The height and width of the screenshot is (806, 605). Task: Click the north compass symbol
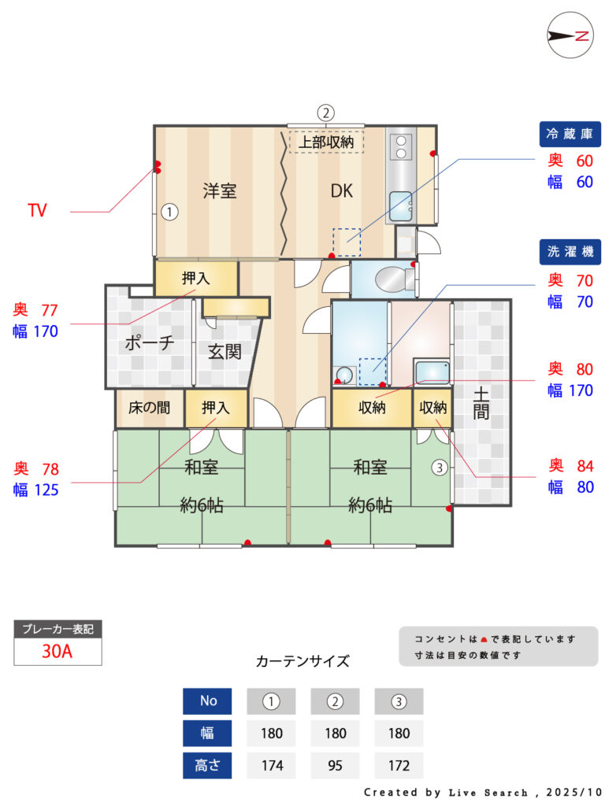pos(570,35)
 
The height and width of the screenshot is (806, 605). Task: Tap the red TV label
pos(37,210)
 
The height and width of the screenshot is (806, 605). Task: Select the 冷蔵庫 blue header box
pos(570,134)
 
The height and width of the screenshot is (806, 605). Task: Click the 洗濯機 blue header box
pos(570,252)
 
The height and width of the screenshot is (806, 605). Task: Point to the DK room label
pos(342,191)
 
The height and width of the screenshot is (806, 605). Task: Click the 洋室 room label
pos(219,191)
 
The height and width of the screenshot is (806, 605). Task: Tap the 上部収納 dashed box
pos(326,142)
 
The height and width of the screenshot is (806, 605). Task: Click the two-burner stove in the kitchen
pos(401,146)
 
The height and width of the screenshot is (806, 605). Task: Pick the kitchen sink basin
pos(400,206)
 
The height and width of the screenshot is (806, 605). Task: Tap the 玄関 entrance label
pos(225,352)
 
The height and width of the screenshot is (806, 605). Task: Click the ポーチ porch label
pos(150,342)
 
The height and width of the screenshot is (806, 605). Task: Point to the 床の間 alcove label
pos(149,408)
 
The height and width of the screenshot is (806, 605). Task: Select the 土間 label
pos(481,404)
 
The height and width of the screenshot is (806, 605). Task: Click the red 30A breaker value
pos(57,651)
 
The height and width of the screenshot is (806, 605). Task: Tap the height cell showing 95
pos(335,765)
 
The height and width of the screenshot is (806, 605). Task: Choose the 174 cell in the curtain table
pos(272,765)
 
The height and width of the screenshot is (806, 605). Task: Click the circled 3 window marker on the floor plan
pos(440,468)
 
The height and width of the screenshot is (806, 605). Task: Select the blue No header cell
pos(207,701)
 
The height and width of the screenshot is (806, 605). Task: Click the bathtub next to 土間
pos(432,372)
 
